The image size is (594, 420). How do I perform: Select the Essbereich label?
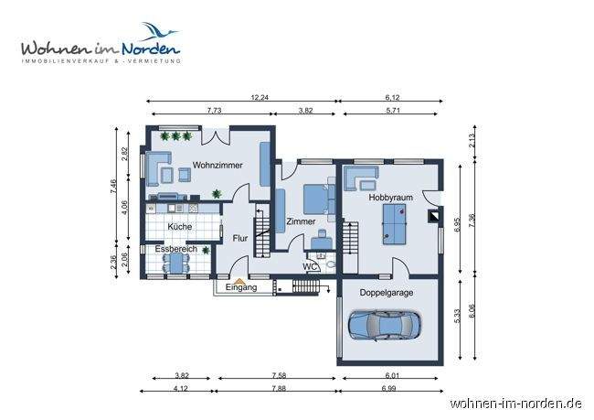pyautogui.click(x=174, y=248)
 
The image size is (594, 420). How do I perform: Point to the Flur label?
pyautogui.click(x=239, y=238)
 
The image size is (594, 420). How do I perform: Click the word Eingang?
pyautogui.click(x=239, y=287)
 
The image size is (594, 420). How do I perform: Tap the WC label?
pyautogui.click(x=311, y=267)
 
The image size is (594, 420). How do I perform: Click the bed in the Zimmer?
pyautogui.click(x=315, y=197)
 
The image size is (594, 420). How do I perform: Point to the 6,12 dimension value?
pyautogui.click(x=394, y=97)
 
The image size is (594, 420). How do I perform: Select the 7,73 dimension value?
pyautogui.click(x=214, y=110)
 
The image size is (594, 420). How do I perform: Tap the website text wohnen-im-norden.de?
pyautogui.click(x=516, y=403)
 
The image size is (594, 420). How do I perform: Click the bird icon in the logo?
pyautogui.click(x=157, y=34)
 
